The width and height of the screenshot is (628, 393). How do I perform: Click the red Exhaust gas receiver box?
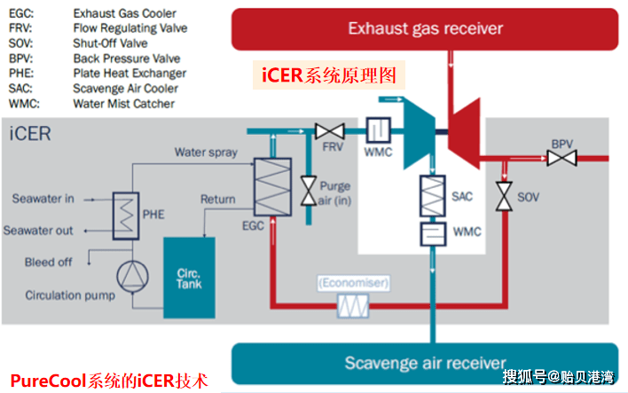click(x=425, y=28)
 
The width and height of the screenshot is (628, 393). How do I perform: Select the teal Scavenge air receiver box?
click(x=425, y=363)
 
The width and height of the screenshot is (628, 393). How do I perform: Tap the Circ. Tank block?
click(x=188, y=277)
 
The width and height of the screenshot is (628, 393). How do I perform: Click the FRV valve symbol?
click(x=329, y=132)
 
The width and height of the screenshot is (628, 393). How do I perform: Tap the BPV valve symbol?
click(x=561, y=159)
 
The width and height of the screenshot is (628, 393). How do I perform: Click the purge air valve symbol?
click(x=310, y=189)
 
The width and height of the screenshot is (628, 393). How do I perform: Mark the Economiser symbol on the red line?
click(x=353, y=307)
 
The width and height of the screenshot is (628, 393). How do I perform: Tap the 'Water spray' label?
click(x=205, y=152)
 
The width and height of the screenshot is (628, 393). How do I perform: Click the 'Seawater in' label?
click(x=43, y=198)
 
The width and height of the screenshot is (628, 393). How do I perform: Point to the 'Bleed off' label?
click(x=50, y=262)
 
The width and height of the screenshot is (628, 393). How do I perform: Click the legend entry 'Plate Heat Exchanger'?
click(x=130, y=73)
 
